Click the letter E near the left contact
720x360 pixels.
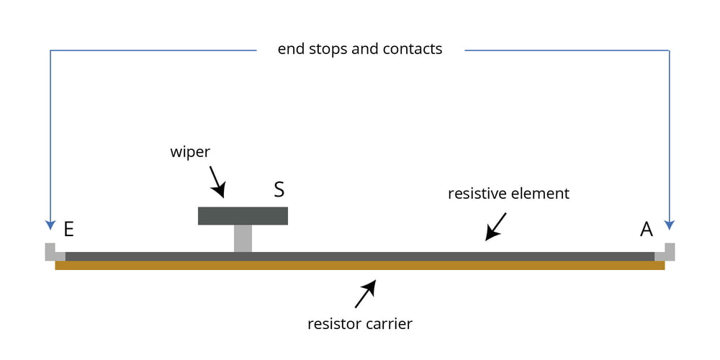point(69,229)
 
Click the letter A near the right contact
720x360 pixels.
point(647,229)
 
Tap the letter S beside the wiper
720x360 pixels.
point(279,190)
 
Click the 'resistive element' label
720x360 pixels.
point(508,194)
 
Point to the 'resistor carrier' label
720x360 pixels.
point(360,323)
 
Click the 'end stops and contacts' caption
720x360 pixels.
point(360,49)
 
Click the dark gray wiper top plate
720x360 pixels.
point(243,216)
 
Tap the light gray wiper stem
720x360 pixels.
point(243,238)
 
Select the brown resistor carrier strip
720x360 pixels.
point(360,266)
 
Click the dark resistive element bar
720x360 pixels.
point(360,256)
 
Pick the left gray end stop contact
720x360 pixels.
point(52,252)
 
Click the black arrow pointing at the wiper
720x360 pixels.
point(217,183)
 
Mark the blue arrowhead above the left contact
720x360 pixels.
point(50,222)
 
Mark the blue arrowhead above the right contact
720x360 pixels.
point(670,222)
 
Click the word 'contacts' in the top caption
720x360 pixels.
point(413,49)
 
